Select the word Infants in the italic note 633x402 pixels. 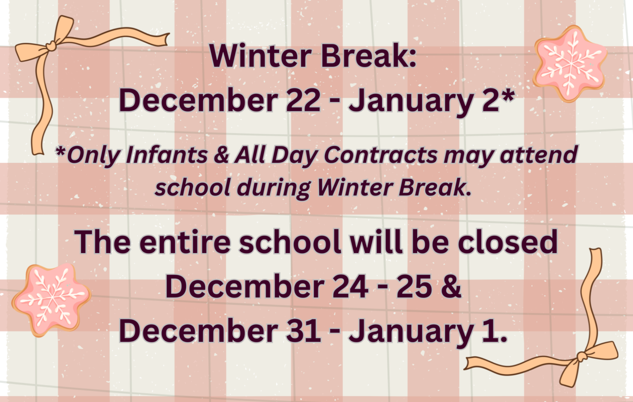pyautogui.click(x=167, y=154)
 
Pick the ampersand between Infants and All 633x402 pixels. pyautogui.click(x=221, y=155)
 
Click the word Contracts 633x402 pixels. pyautogui.click(x=381, y=154)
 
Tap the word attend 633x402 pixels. pyautogui.click(x=539, y=154)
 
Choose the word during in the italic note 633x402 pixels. pyautogui.click(x=274, y=189)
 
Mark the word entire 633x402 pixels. pyautogui.click(x=185, y=242)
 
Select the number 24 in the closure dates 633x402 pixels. pyautogui.click(x=350, y=287)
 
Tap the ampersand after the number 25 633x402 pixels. pyautogui.click(x=450, y=287)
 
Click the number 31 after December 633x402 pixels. pyautogui.click(x=303, y=331)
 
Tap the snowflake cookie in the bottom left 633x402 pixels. pyautogui.click(x=52, y=300)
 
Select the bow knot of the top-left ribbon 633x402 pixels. pyautogui.click(x=52, y=45)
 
